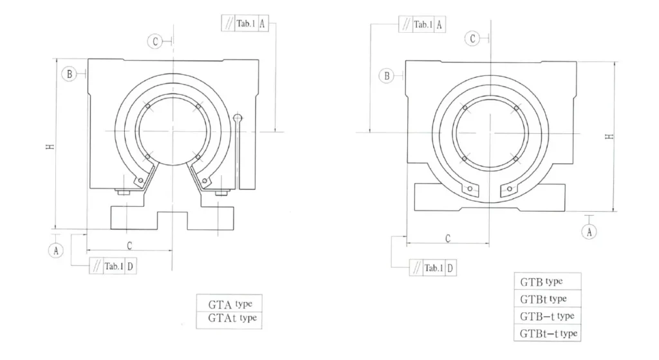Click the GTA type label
[x=229, y=304]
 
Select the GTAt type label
[x=229, y=319]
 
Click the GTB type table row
[x=548, y=282]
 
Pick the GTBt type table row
[x=548, y=299]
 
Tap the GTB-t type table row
[x=548, y=316]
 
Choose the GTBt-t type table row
[x=548, y=333]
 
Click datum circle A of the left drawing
[x=57, y=251]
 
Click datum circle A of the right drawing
[x=589, y=232]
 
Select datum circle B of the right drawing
[x=387, y=76]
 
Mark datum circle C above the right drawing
[x=473, y=39]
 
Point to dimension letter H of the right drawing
[x=609, y=137]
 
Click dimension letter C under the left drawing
[x=129, y=245]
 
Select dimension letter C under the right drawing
[x=447, y=239]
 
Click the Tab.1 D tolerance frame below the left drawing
[x=113, y=267]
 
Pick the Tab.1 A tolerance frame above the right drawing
[x=422, y=24]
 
